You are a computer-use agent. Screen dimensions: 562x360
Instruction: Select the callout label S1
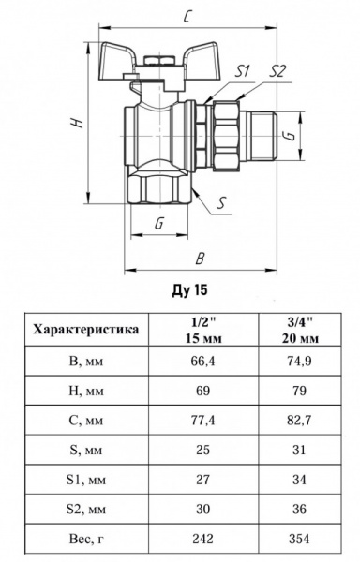click(243, 70)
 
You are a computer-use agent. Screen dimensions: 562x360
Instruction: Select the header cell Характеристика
click(86, 329)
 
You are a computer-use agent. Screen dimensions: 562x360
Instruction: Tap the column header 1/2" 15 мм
click(198, 329)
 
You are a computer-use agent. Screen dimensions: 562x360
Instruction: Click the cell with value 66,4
click(198, 361)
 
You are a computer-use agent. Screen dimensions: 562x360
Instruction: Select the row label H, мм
click(86, 391)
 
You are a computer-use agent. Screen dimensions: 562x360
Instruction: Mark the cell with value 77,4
click(198, 421)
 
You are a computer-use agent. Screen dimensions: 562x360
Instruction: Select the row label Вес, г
click(86, 540)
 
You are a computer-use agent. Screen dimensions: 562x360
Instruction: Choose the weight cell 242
click(198, 540)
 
